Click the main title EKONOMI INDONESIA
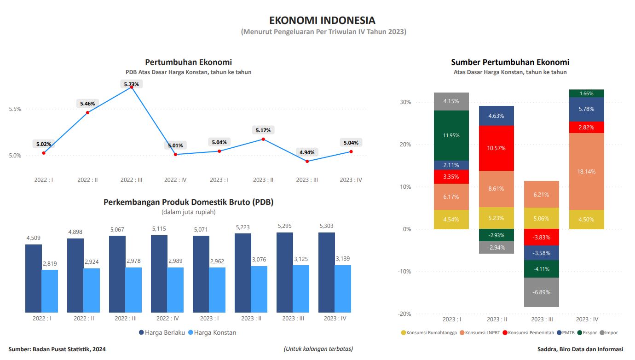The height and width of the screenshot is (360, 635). pos(322,20)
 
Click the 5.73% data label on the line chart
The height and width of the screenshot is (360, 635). pos(131,84)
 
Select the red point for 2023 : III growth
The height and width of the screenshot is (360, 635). pos(307,161)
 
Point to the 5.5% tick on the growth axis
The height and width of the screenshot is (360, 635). pos(15,109)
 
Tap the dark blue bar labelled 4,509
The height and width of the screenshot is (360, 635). pos(34,278)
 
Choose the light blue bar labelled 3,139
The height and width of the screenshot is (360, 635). pos(343,289)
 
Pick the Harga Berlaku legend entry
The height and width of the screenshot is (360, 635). pos(162,332)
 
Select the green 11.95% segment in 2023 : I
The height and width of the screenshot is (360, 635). pos(451,135)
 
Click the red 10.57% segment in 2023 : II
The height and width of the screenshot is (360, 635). pos(496,148)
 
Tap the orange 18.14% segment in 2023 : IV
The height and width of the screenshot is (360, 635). pos(586,171)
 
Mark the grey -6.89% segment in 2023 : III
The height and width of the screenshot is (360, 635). pos(541,292)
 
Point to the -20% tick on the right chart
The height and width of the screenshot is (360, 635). pos(404,314)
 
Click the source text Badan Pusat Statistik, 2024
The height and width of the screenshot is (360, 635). pos(57,349)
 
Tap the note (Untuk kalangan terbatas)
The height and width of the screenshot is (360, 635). pos(318,348)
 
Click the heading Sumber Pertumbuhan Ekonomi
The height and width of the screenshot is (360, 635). pos(510,62)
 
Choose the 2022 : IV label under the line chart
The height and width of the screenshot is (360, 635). pos(175,180)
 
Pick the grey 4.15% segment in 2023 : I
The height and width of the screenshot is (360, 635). pos(451,101)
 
